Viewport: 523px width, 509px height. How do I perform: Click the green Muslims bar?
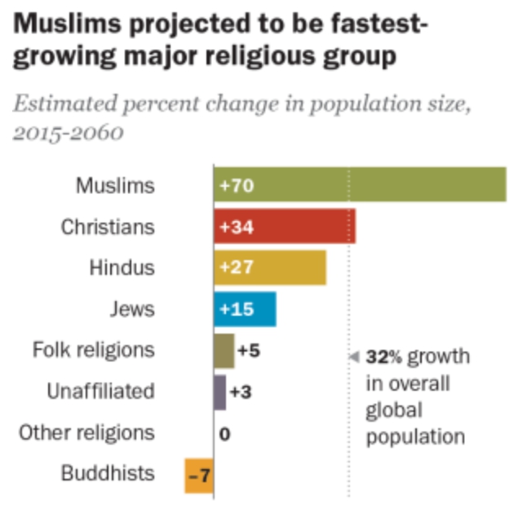pyautogui.click(x=359, y=185)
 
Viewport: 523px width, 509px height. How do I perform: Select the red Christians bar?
pyautogui.click(x=284, y=227)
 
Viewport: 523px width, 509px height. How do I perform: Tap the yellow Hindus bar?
pyautogui.click(x=270, y=268)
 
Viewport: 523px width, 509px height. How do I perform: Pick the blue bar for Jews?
pyautogui.click(x=245, y=309)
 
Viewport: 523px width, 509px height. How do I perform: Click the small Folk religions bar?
pyautogui.click(x=224, y=351)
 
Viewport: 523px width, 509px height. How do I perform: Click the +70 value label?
pyautogui.click(x=237, y=186)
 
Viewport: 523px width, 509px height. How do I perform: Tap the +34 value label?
pyautogui.click(x=237, y=228)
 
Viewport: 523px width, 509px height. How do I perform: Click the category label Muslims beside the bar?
pyautogui.click(x=115, y=185)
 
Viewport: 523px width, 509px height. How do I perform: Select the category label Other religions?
pyautogui.click(x=86, y=432)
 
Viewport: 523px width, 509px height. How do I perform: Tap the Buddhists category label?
pyautogui.click(x=108, y=473)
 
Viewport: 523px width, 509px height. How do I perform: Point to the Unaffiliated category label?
pyautogui.click(x=100, y=392)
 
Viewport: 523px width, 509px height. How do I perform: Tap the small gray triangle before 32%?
pyautogui.click(x=354, y=356)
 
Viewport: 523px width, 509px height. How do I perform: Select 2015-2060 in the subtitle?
pyautogui.click(x=69, y=133)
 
